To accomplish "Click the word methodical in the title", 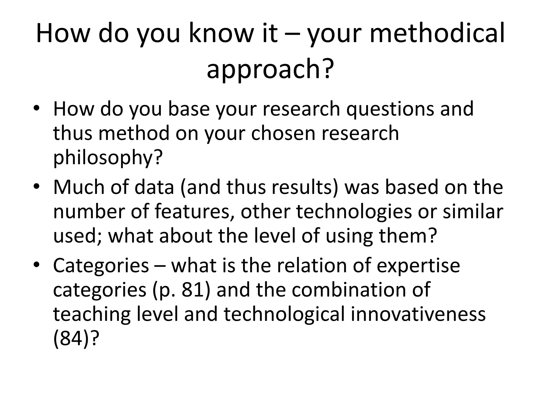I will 437,34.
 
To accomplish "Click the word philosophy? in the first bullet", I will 108,157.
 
